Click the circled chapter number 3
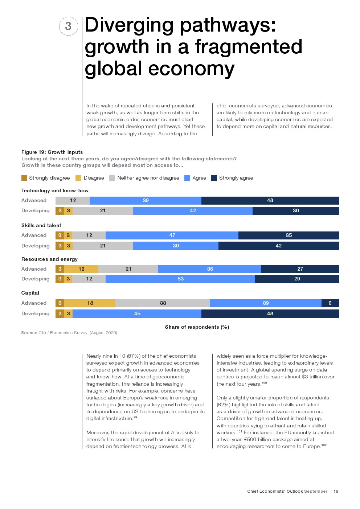click(68, 26)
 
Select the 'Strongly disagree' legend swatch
click(24, 178)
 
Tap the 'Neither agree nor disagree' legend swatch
click(112, 178)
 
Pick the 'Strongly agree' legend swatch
click(214, 178)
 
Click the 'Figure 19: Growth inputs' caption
click(52, 152)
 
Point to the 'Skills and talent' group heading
click(41, 225)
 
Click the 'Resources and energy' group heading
click(49, 259)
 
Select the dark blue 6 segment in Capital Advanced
click(330, 303)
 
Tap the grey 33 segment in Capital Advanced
click(163, 303)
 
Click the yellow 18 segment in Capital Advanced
click(90, 303)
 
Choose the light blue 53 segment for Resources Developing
click(180, 279)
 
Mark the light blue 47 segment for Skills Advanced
click(172, 235)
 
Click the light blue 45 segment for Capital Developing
click(137, 313)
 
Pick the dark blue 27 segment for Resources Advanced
click(300, 269)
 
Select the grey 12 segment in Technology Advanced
click(73, 200)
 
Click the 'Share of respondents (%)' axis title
click(197, 327)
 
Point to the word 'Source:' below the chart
click(29, 333)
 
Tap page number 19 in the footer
click(336, 491)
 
